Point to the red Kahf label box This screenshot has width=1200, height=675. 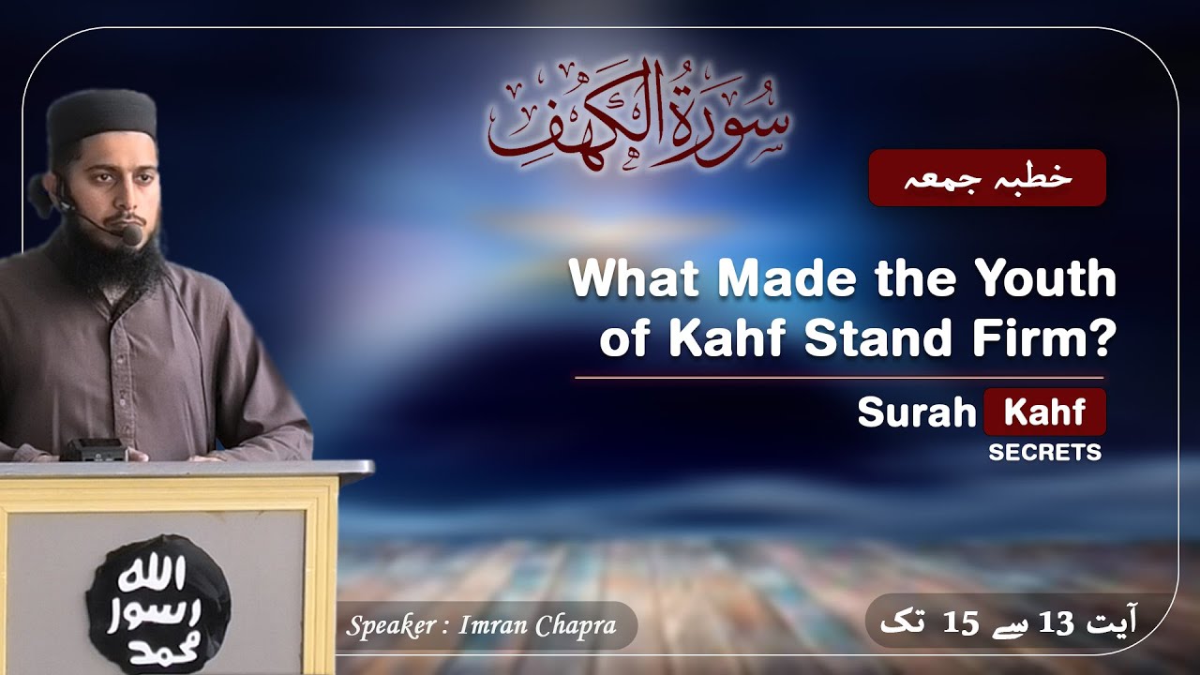tap(1044, 412)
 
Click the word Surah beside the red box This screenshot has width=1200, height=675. tap(917, 413)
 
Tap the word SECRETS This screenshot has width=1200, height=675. tap(1044, 453)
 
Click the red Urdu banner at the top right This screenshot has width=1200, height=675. tap(986, 178)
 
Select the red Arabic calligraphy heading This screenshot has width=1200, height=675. tap(637, 117)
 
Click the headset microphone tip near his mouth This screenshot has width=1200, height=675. tap(131, 233)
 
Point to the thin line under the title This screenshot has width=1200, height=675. tap(839, 378)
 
